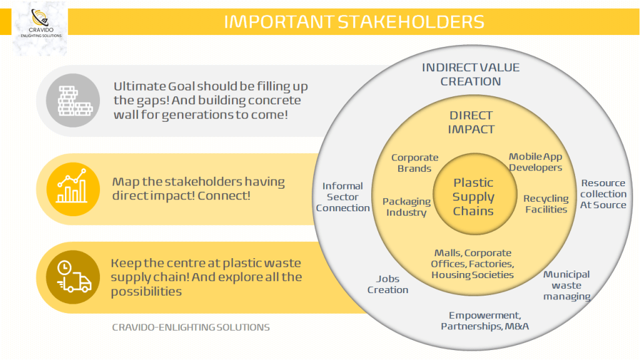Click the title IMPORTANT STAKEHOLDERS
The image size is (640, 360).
coord(354,22)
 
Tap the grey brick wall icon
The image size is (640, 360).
coord(73,101)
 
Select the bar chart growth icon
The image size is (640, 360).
coord(73,189)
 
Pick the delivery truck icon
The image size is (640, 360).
coord(73,277)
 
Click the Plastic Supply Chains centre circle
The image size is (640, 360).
coord(475,194)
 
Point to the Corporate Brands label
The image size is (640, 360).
coord(415,163)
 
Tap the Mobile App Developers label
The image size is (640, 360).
coord(536,162)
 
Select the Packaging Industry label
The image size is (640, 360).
coord(406,207)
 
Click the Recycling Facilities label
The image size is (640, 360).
coord(546,204)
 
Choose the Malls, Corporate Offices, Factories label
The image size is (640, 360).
coord(472,264)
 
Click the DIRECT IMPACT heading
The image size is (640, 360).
coord(471,122)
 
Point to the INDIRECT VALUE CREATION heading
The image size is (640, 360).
coord(471,74)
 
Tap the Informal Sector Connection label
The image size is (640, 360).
coord(343,197)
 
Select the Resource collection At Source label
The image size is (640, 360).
coord(603,194)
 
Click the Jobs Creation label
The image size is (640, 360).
coord(387,284)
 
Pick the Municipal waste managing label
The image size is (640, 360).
coord(566,285)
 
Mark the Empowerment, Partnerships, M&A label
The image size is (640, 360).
coord(485,321)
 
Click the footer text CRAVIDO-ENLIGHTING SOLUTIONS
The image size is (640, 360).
coord(191,327)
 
